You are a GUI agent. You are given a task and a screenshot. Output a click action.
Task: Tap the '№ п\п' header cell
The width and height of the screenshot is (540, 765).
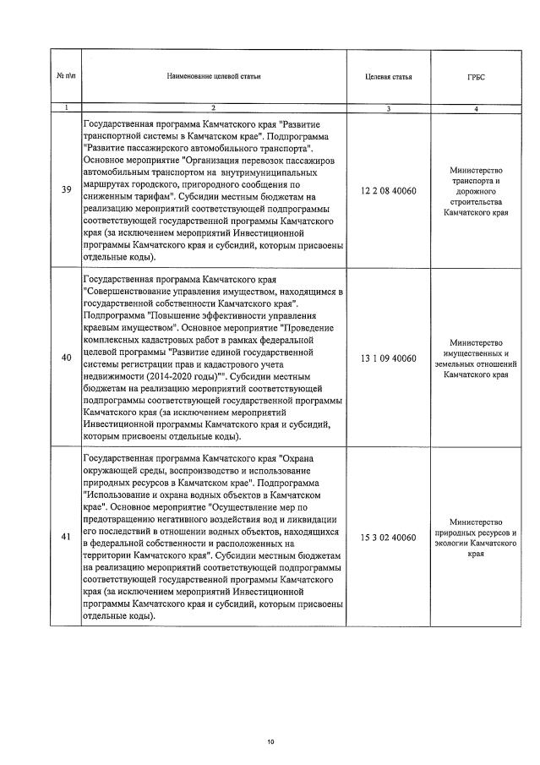(66, 77)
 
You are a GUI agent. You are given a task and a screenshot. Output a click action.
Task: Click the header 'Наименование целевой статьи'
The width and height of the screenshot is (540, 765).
(214, 77)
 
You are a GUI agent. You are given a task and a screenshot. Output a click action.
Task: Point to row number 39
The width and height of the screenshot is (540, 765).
(66, 189)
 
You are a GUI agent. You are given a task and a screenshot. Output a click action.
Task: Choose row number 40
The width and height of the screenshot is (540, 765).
(66, 358)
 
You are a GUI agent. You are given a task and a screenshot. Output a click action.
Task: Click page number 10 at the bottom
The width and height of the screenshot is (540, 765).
(270, 741)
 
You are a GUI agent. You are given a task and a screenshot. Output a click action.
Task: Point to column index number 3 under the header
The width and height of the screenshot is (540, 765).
(388, 108)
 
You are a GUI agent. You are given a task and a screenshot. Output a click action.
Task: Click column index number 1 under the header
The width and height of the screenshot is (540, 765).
(66, 108)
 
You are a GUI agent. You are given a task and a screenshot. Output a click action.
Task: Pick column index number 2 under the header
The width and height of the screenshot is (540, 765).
(214, 108)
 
